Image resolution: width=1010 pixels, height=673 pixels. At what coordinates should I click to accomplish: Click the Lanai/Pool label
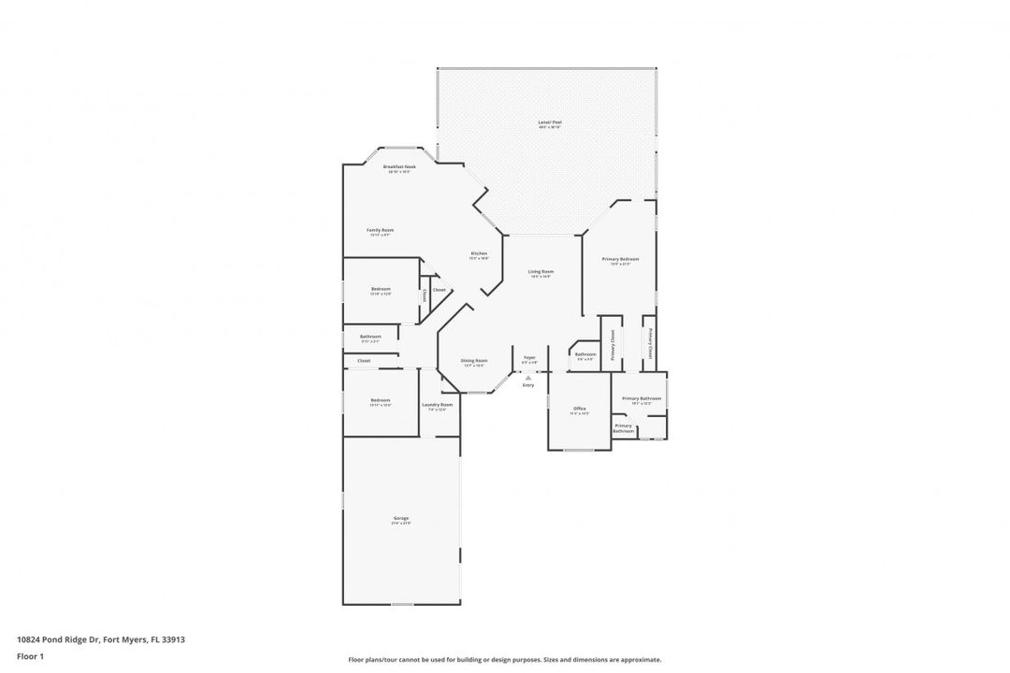click(549, 122)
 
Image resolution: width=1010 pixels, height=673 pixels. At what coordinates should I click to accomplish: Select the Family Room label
click(380, 230)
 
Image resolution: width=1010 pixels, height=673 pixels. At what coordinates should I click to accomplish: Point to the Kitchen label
click(479, 254)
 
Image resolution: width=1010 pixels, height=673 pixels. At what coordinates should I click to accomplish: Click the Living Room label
click(541, 271)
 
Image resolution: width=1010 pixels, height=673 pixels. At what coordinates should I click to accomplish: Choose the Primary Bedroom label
click(621, 259)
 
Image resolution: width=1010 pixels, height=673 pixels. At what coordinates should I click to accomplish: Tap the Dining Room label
click(474, 361)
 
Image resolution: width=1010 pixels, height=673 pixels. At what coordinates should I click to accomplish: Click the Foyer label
click(529, 357)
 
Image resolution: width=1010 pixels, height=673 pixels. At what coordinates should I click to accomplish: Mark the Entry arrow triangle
click(528, 377)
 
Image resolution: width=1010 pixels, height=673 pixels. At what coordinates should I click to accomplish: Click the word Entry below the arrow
click(528, 385)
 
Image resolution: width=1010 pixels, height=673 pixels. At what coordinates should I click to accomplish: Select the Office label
click(580, 408)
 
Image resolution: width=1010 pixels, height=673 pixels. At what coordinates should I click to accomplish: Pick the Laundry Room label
click(437, 405)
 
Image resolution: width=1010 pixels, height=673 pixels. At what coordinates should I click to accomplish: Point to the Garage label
click(401, 518)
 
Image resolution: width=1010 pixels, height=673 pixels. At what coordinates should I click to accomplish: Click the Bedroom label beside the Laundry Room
click(380, 400)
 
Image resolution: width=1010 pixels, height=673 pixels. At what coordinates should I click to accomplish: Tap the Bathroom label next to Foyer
click(585, 354)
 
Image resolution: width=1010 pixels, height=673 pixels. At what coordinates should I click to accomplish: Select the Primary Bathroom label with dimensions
click(642, 399)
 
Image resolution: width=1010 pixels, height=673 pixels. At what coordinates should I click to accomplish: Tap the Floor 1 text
click(30, 656)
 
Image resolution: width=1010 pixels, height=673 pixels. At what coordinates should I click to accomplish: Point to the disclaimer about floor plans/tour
click(504, 659)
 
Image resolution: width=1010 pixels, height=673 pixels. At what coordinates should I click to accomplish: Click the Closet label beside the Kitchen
click(439, 290)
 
